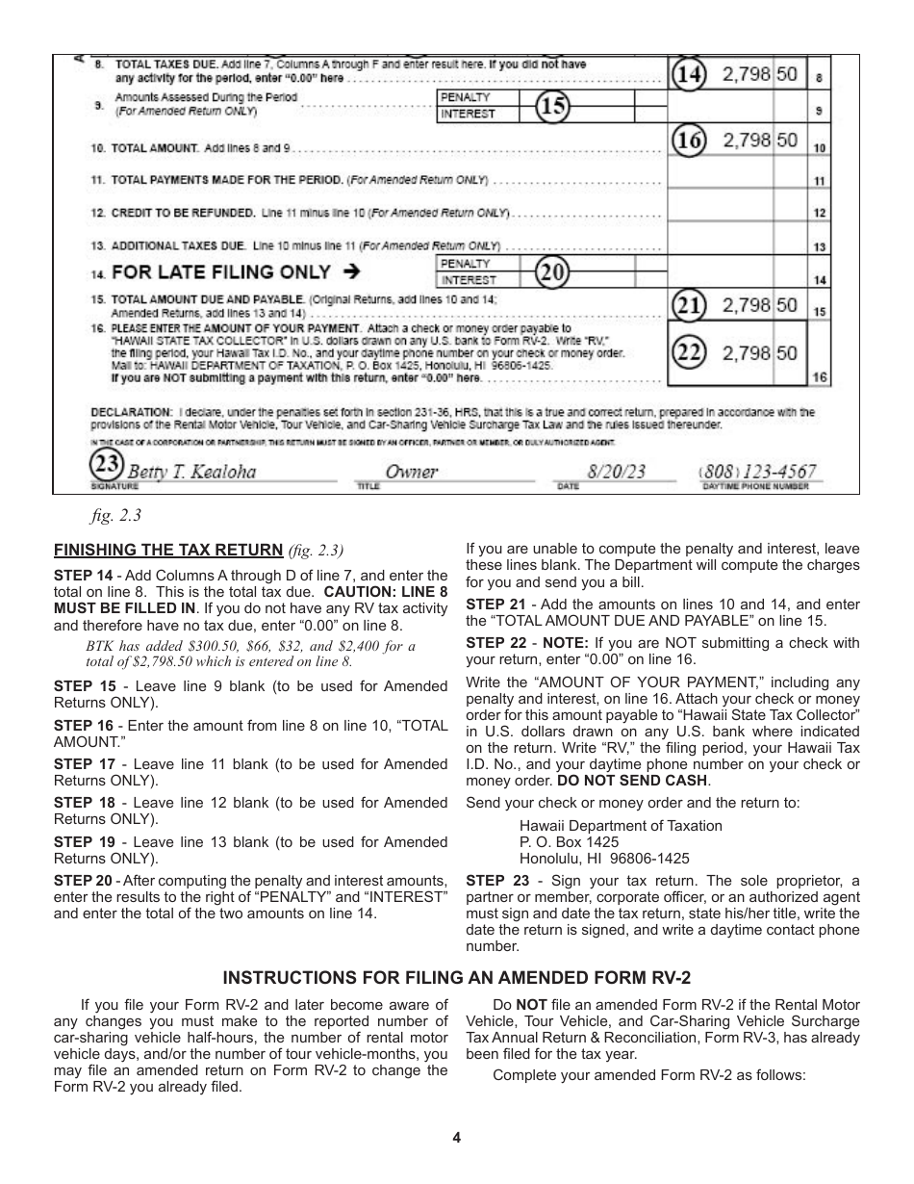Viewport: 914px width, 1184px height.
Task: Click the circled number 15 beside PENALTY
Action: [551, 106]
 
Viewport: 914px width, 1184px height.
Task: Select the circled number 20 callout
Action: [551, 272]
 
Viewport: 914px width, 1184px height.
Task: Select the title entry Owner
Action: [411, 472]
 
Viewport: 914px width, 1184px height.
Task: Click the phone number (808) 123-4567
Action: [758, 472]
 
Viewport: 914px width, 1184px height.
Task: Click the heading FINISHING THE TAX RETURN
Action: [168, 551]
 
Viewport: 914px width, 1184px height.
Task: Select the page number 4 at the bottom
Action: [457, 1138]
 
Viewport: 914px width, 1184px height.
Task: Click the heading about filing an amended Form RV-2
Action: [457, 978]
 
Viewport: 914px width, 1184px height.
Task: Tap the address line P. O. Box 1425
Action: [570, 842]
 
